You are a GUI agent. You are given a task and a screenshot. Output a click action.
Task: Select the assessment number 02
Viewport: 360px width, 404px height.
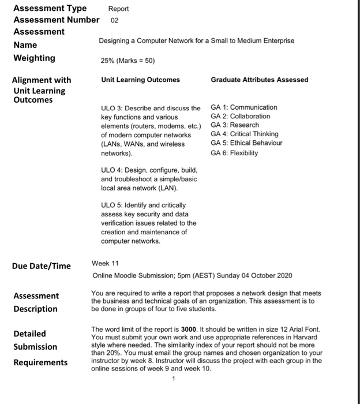(114, 20)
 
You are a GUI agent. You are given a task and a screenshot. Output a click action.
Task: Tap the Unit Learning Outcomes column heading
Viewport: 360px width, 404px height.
(140, 80)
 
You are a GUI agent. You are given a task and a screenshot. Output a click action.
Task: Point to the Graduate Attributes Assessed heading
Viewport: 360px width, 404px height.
(260, 80)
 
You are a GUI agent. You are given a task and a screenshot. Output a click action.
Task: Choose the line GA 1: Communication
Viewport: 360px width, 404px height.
(244, 107)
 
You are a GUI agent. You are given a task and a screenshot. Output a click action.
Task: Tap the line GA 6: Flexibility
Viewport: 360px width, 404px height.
(234, 153)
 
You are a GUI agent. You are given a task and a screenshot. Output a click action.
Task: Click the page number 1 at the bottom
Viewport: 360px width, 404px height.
(172, 379)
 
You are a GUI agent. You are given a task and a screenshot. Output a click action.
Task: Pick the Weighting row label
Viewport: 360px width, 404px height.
(34, 58)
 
